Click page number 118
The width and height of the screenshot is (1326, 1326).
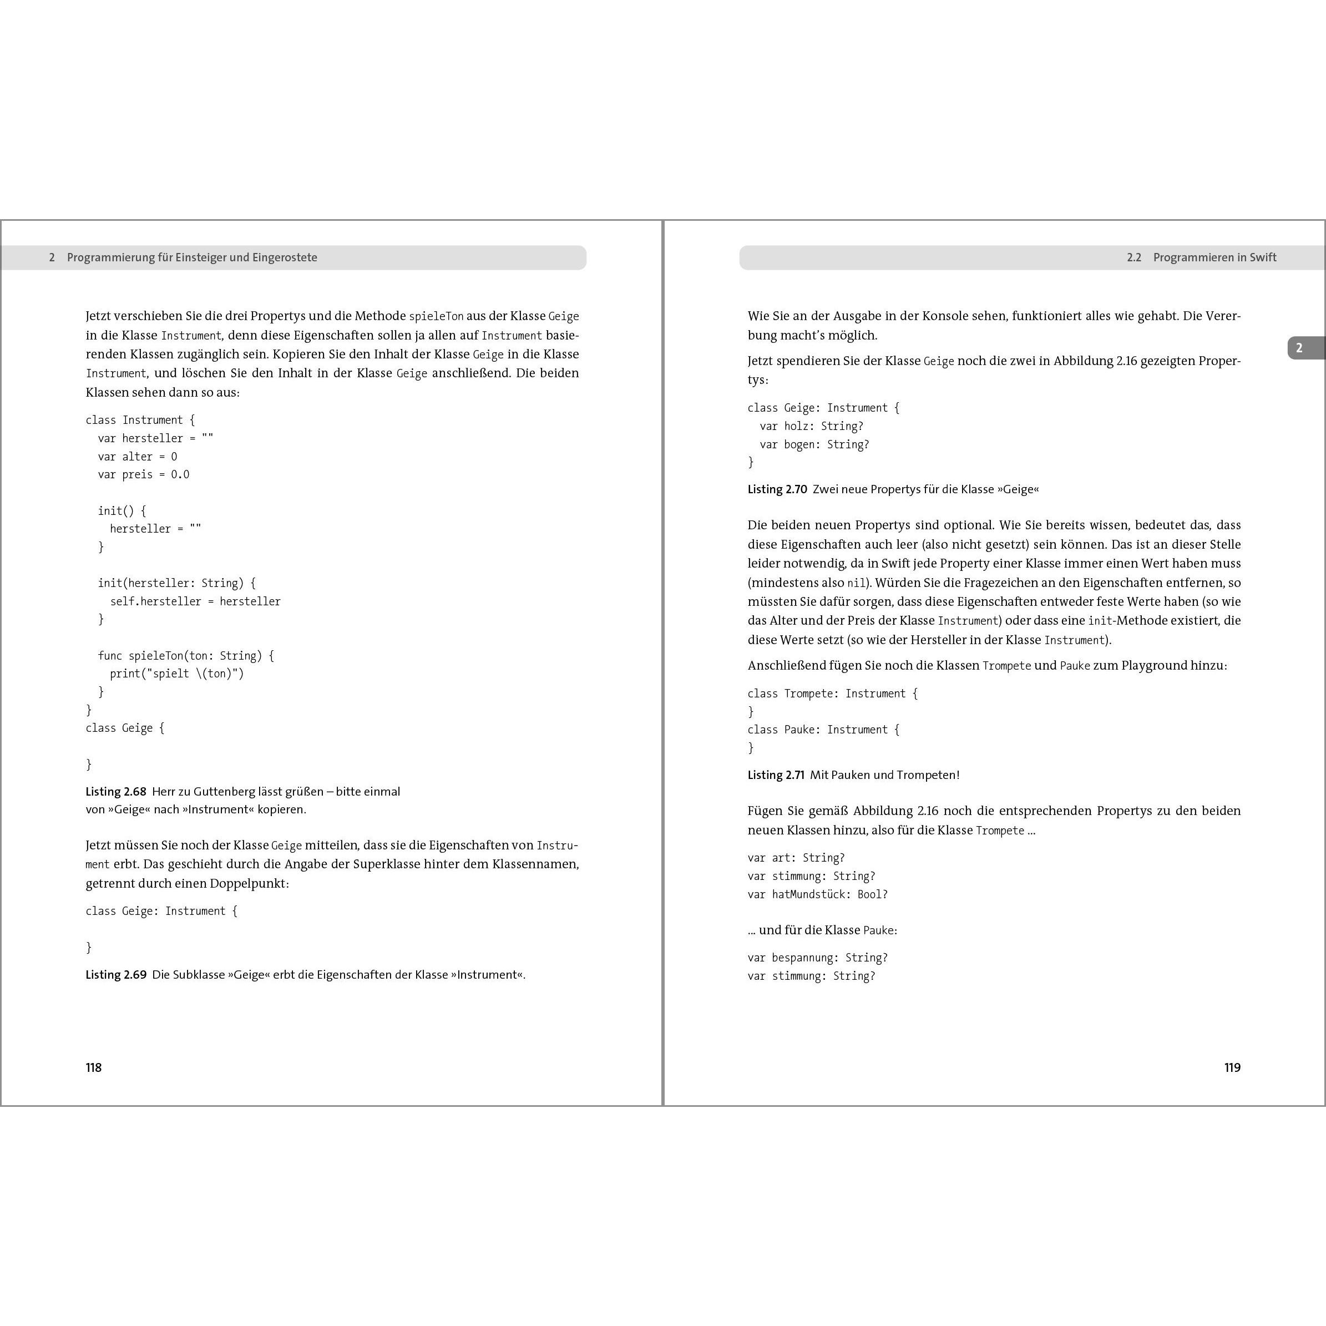[x=93, y=1067]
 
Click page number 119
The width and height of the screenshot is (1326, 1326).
[x=1232, y=1067]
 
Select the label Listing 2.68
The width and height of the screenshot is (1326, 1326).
[x=116, y=791]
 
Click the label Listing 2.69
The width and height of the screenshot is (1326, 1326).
[x=116, y=975]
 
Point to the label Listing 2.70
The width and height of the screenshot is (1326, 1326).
[x=777, y=489]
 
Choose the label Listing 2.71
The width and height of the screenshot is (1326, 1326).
[x=776, y=775]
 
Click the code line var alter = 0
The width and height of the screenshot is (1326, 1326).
[x=137, y=457]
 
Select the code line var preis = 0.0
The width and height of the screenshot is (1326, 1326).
[x=144, y=474]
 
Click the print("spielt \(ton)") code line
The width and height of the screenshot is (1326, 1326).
[x=177, y=674]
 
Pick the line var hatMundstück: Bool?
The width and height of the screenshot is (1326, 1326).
[x=817, y=894]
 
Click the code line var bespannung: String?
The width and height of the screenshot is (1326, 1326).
[x=817, y=958]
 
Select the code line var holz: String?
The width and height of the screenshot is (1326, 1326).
[x=811, y=426]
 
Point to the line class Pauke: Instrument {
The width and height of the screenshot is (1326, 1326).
[x=823, y=730]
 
